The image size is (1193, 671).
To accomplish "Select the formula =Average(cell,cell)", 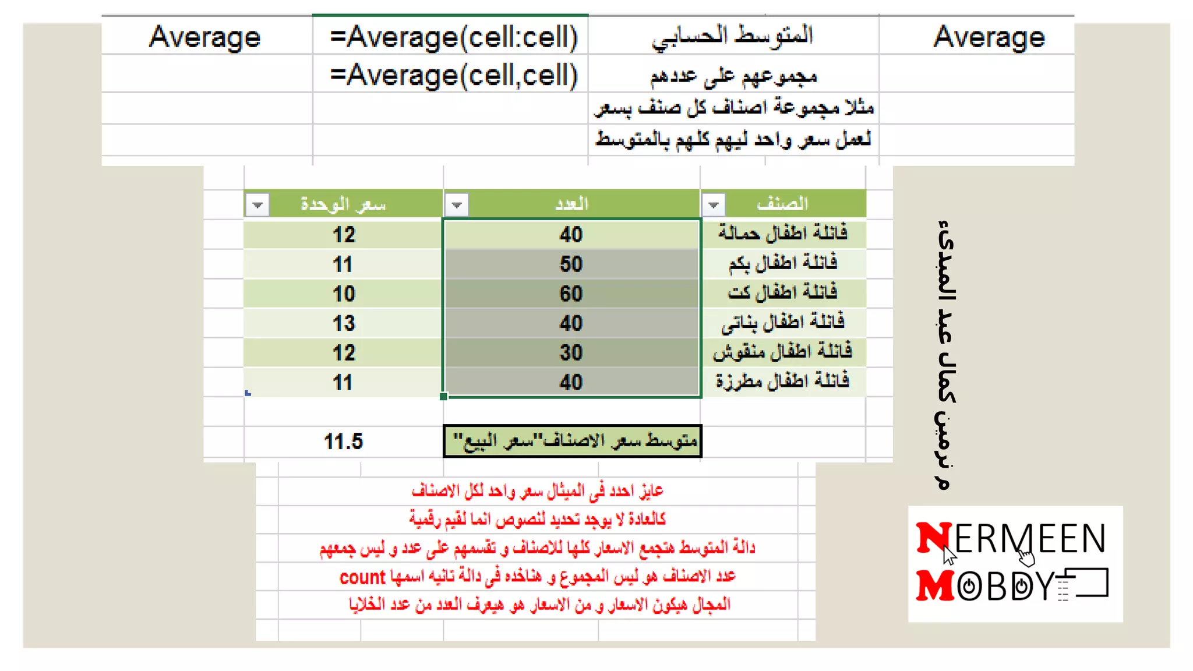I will tap(453, 76).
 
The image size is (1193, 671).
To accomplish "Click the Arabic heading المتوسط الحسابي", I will tap(732, 36).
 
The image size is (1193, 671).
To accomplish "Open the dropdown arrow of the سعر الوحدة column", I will tap(257, 205).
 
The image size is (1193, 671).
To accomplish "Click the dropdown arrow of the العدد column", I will tap(457, 205).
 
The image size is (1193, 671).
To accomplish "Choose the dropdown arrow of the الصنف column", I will tap(714, 205).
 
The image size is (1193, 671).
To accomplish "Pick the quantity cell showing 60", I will tap(571, 294).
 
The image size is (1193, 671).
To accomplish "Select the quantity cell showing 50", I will tap(571, 264).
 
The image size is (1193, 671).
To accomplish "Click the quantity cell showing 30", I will tap(571, 353).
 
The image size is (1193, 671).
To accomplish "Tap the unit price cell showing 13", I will tap(344, 323).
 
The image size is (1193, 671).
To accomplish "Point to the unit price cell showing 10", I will tap(344, 294).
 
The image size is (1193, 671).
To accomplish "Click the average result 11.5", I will tap(343, 442).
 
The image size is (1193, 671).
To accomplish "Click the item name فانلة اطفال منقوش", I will tap(782, 352).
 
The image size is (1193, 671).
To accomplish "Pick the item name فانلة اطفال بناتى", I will tap(782, 322).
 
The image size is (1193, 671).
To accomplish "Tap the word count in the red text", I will tap(362, 577).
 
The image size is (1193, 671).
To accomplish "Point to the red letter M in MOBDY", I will tap(934, 585).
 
